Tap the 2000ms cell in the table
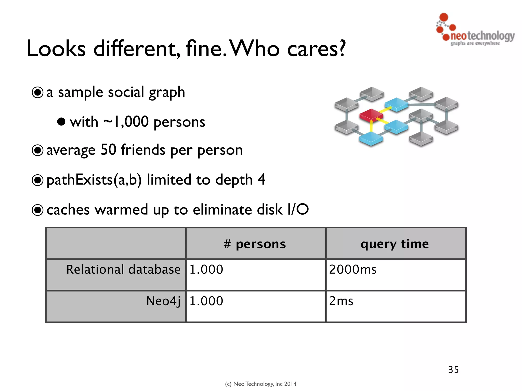[353, 270]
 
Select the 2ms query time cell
[341, 301]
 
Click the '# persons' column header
[255, 244]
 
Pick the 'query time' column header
[395, 244]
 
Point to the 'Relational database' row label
[123, 270]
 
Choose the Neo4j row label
[163, 301]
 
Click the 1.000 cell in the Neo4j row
[206, 301]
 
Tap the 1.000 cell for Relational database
[206, 270]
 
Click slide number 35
[453, 370]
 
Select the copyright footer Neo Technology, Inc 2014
[261, 384]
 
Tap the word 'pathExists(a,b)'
[94, 180]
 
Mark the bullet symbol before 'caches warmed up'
[38, 210]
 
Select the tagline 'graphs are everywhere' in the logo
[475, 43]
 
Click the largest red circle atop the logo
[444, 17]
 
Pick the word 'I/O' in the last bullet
[298, 210]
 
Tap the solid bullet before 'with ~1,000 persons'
[61, 122]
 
